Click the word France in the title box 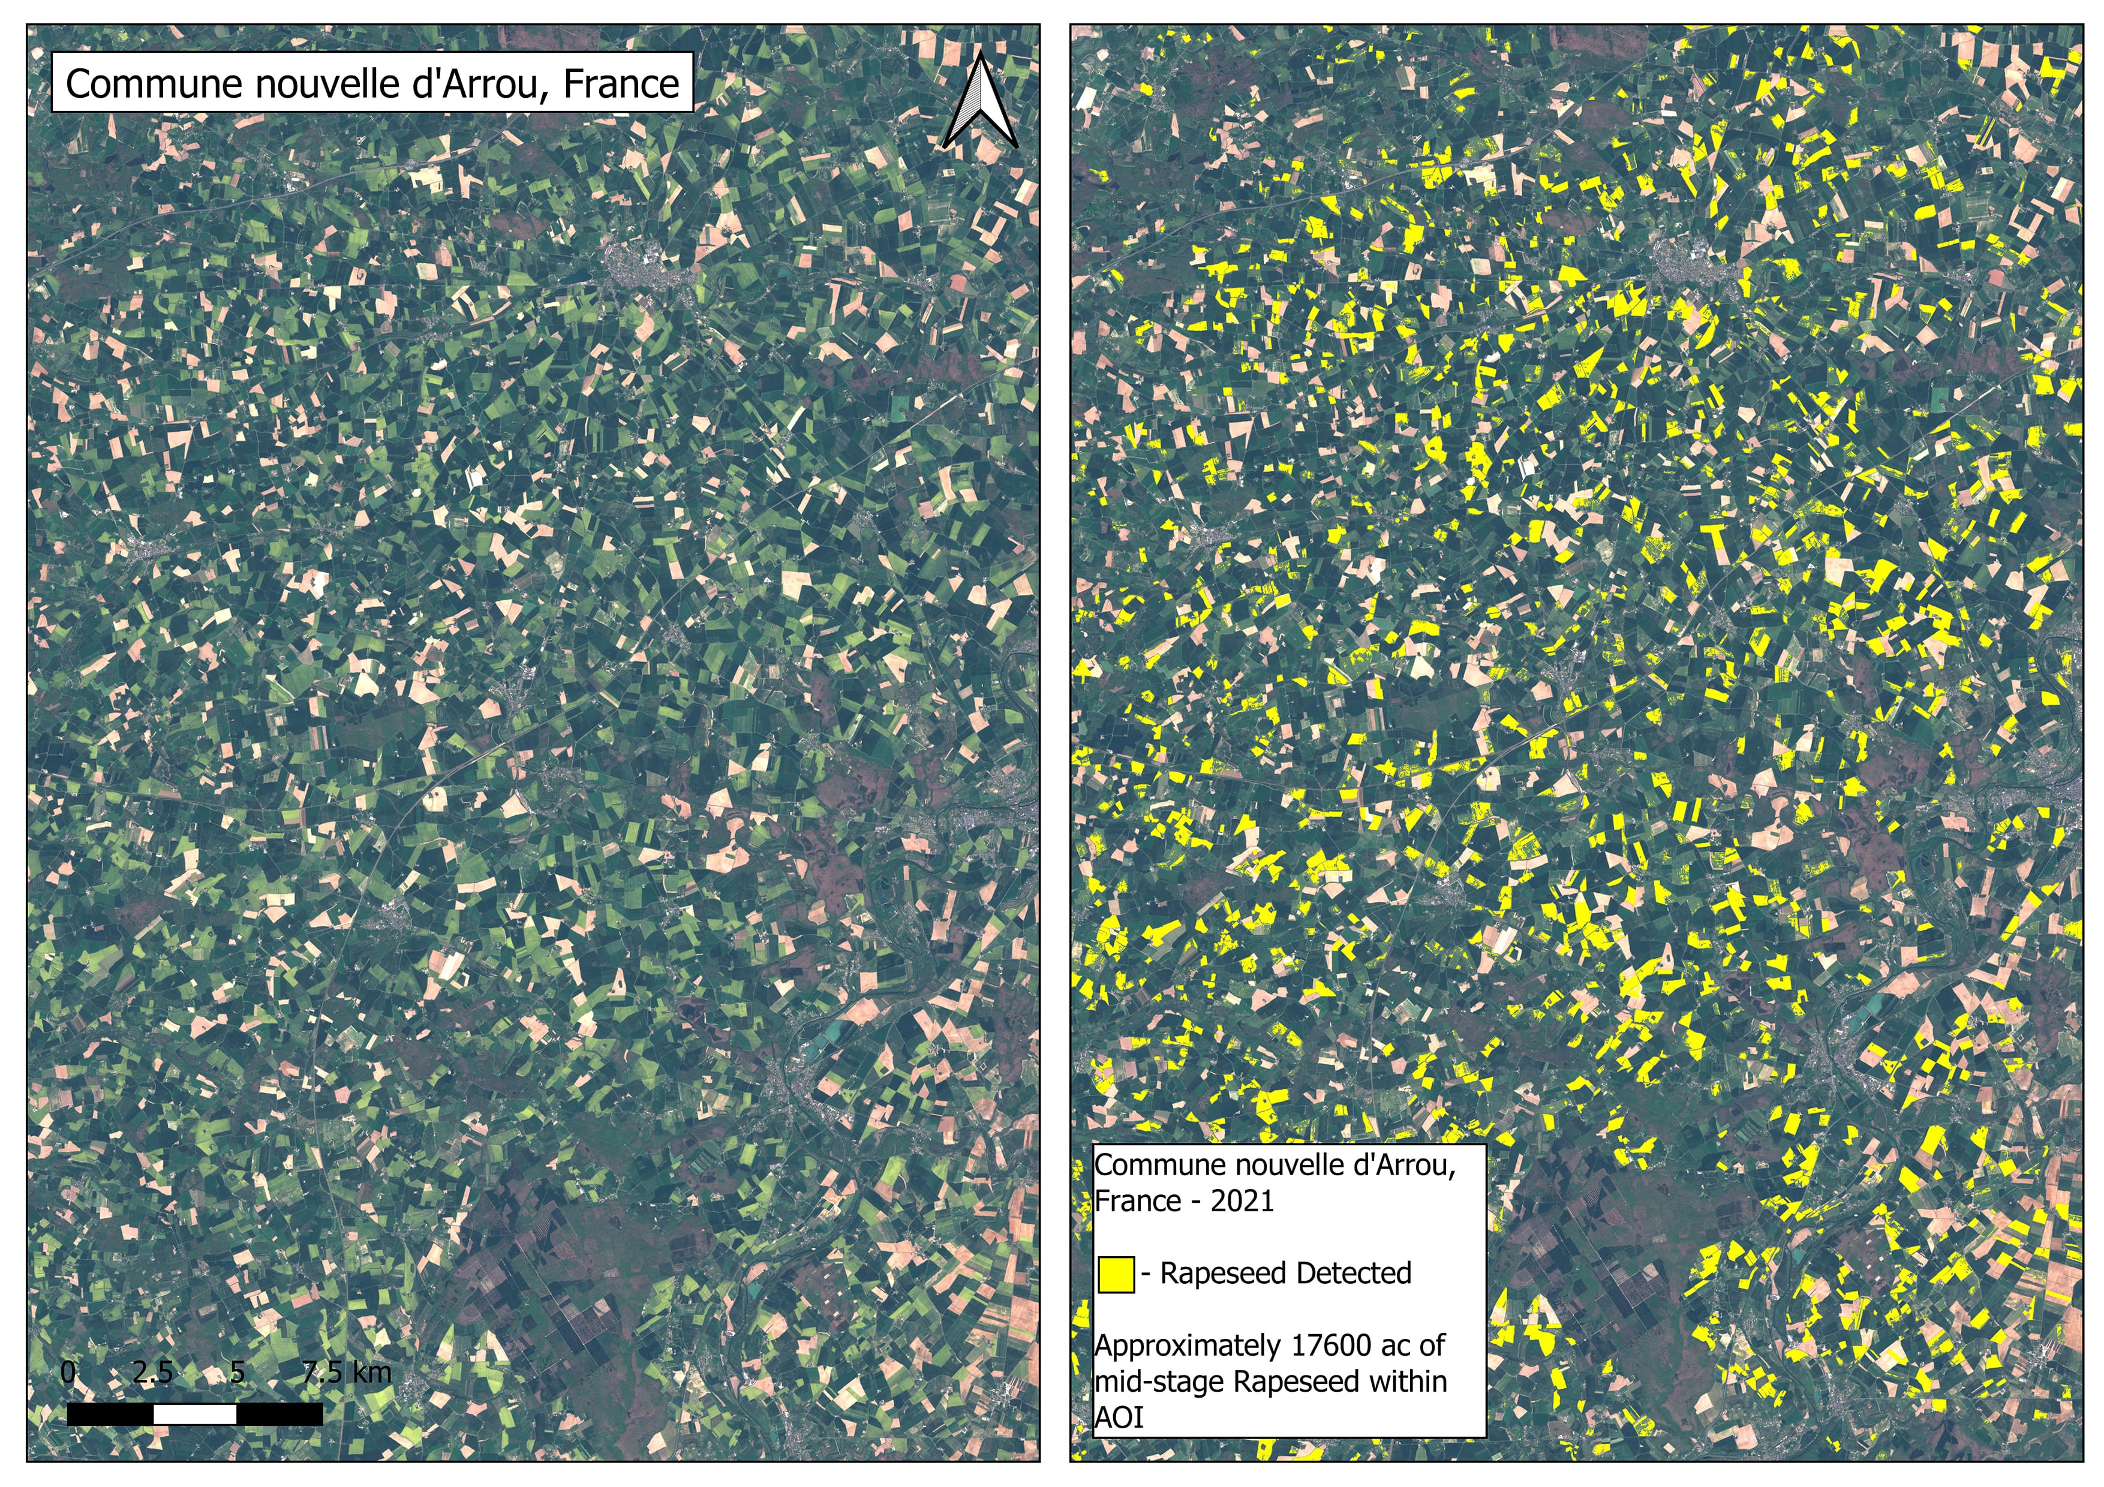coord(621,85)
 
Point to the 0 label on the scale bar coord(68,1372)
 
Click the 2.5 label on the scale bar coord(152,1372)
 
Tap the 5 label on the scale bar coord(238,1372)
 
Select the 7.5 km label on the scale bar coord(347,1372)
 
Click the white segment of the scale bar coord(195,1414)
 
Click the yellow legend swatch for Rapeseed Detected coord(1115,1274)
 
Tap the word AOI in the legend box coord(1119,1417)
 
